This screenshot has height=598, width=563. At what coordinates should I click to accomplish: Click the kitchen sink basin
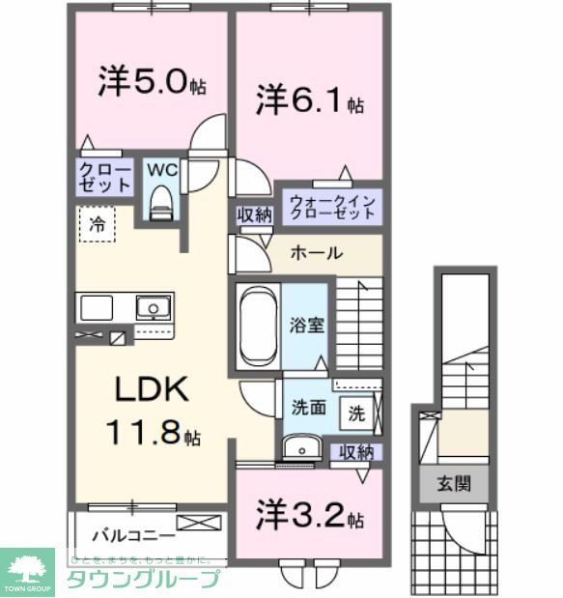click(151, 309)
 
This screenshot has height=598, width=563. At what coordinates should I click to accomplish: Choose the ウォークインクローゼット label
click(331, 207)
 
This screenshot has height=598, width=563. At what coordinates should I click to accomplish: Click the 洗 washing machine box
click(356, 413)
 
